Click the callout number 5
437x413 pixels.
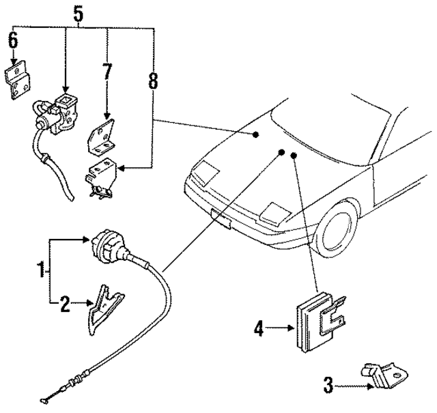click(78, 12)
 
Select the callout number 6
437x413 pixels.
click(13, 41)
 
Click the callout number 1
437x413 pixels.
click(42, 271)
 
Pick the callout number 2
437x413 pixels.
click(65, 304)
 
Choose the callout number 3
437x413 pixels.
click(328, 386)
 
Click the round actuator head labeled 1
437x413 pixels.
click(109, 247)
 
